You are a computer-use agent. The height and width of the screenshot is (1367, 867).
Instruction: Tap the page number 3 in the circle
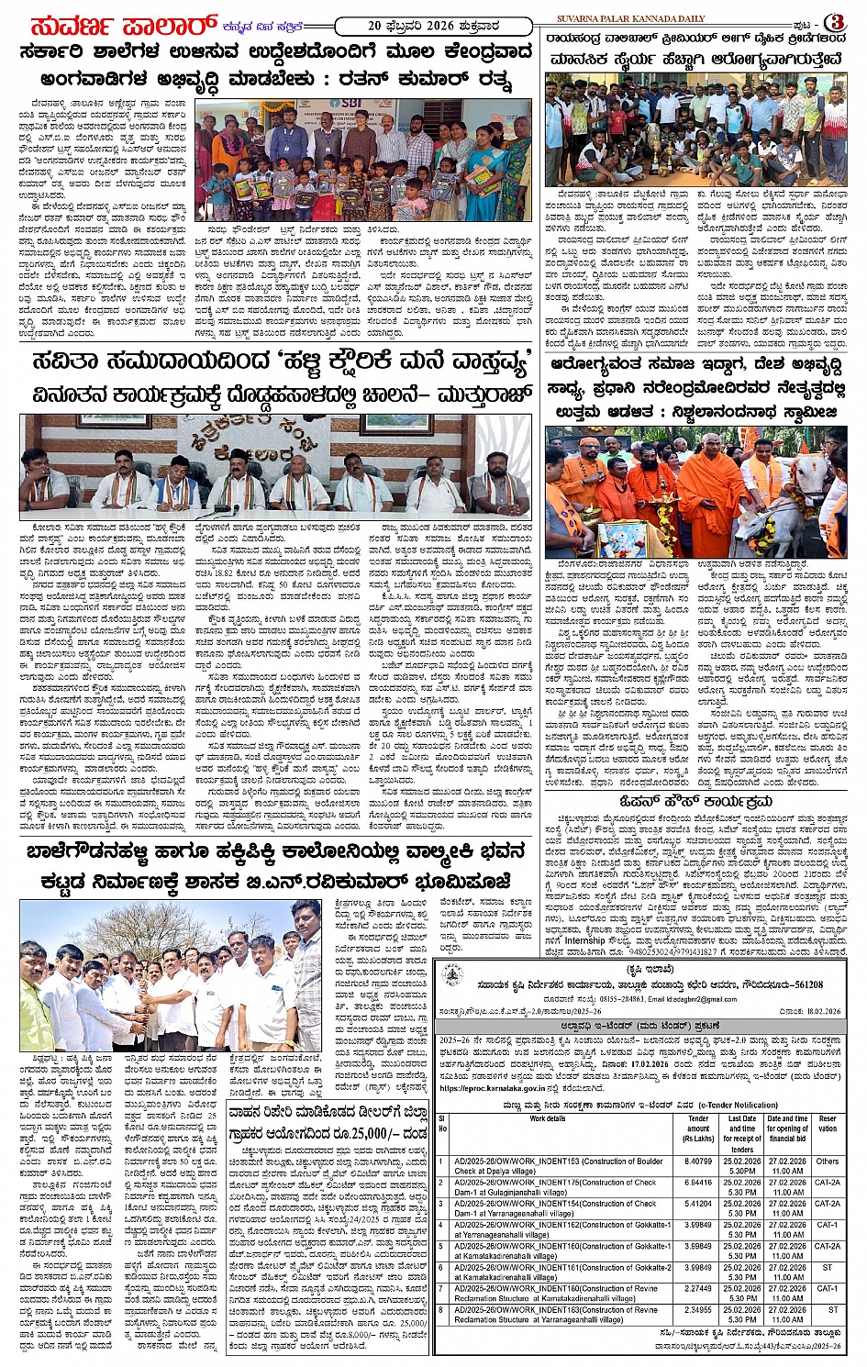[x=836, y=22]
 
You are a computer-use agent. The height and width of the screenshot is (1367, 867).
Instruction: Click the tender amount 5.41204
[x=698, y=1204]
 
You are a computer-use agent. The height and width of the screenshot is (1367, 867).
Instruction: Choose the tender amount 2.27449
[x=698, y=1288]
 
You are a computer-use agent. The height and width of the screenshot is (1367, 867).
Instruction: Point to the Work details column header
[x=548, y=1119]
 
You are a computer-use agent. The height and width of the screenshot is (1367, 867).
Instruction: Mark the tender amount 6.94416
[x=698, y=1183]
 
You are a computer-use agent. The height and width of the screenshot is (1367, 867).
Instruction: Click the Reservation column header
[x=828, y=1124]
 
